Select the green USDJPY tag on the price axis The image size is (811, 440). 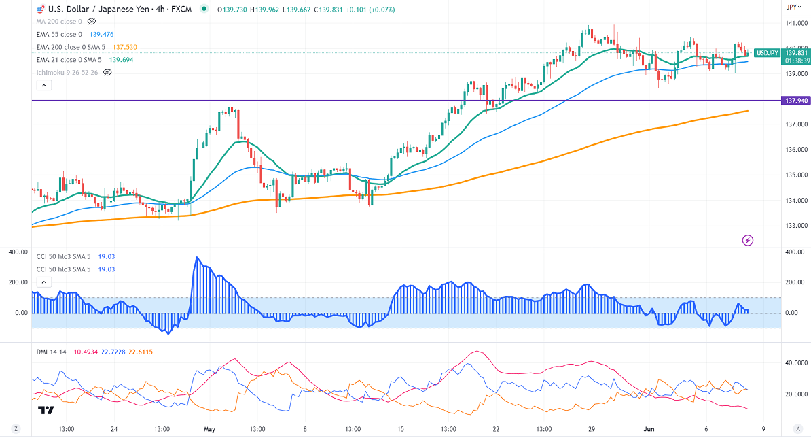click(x=768, y=53)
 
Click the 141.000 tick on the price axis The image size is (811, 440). click(x=795, y=23)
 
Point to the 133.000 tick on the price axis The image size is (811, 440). click(x=795, y=226)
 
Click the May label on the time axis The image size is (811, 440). click(x=209, y=429)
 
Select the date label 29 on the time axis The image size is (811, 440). click(x=592, y=429)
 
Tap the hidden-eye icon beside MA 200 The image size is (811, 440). click(x=92, y=22)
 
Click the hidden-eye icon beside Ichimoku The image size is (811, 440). click(x=107, y=72)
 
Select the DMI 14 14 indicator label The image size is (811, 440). click(x=50, y=351)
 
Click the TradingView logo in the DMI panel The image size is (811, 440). click(x=46, y=410)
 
